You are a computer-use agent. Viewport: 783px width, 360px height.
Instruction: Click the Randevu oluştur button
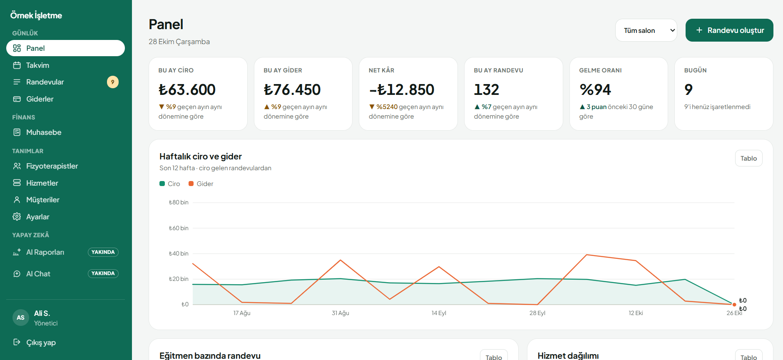(x=729, y=30)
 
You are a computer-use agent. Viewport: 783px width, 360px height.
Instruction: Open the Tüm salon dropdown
(x=646, y=30)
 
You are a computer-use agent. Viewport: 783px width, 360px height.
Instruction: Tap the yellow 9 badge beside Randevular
(x=113, y=82)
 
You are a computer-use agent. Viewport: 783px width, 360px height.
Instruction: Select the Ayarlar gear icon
(x=17, y=217)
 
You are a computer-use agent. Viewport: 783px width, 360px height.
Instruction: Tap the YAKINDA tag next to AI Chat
(x=103, y=273)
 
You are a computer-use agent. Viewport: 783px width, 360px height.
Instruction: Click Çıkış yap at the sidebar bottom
(x=41, y=343)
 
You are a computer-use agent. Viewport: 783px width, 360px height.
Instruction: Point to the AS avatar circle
(x=21, y=318)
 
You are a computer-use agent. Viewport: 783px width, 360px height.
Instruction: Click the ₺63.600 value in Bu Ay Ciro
(x=187, y=89)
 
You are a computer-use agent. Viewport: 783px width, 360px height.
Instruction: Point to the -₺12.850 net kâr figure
(x=402, y=89)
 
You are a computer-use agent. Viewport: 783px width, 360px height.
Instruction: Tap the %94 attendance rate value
(x=595, y=89)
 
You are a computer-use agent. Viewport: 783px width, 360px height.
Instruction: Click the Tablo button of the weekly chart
(x=748, y=158)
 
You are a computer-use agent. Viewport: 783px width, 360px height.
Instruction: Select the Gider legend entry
(x=201, y=184)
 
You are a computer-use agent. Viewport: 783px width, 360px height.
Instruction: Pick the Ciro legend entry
(x=170, y=184)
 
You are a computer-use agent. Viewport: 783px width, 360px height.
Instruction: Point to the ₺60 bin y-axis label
(x=179, y=228)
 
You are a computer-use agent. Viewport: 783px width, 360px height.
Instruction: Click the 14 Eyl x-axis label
(x=439, y=313)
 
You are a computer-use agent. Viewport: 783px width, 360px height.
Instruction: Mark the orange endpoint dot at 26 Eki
(x=734, y=305)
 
